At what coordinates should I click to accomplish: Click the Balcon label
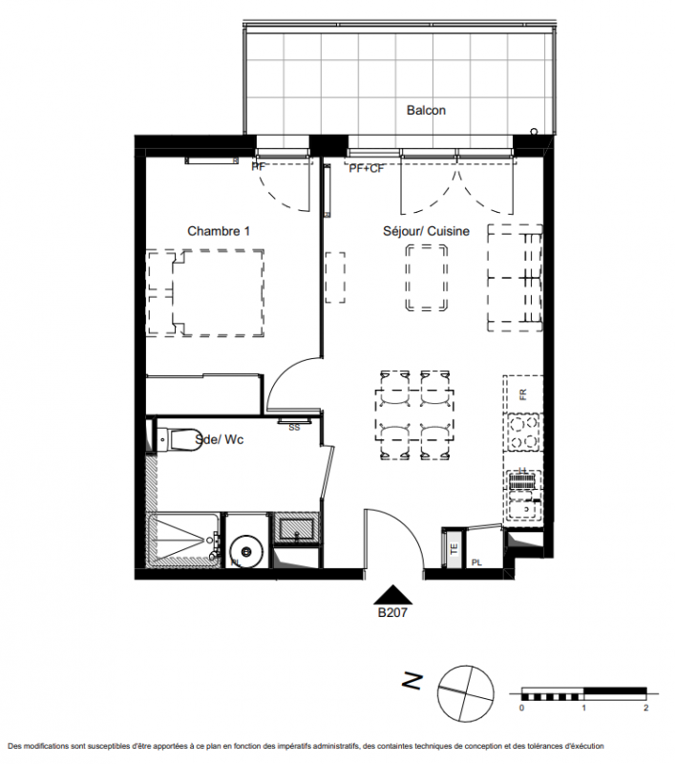(x=426, y=110)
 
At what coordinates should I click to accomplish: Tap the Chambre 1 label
(x=219, y=231)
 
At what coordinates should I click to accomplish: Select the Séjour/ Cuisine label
(x=426, y=231)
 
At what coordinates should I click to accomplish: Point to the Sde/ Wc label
(x=220, y=439)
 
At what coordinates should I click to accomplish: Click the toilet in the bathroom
(x=179, y=439)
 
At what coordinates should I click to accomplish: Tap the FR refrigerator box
(x=523, y=393)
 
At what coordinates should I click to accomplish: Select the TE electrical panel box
(x=454, y=549)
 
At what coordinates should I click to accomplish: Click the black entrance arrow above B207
(x=392, y=594)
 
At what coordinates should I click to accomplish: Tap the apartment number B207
(x=392, y=612)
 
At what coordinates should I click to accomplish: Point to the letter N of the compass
(x=412, y=681)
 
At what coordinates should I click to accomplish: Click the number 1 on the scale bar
(x=584, y=708)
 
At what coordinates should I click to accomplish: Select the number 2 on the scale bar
(x=646, y=708)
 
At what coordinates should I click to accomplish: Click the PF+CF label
(x=367, y=169)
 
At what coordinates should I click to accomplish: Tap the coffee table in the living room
(x=427, y=278)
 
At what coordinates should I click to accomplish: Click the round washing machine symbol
(x=246, y=552)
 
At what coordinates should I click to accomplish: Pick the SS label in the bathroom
(x=294, y=428)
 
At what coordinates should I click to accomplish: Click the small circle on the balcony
(x=535, y=132)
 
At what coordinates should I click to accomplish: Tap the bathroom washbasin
(x=297, y=528)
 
